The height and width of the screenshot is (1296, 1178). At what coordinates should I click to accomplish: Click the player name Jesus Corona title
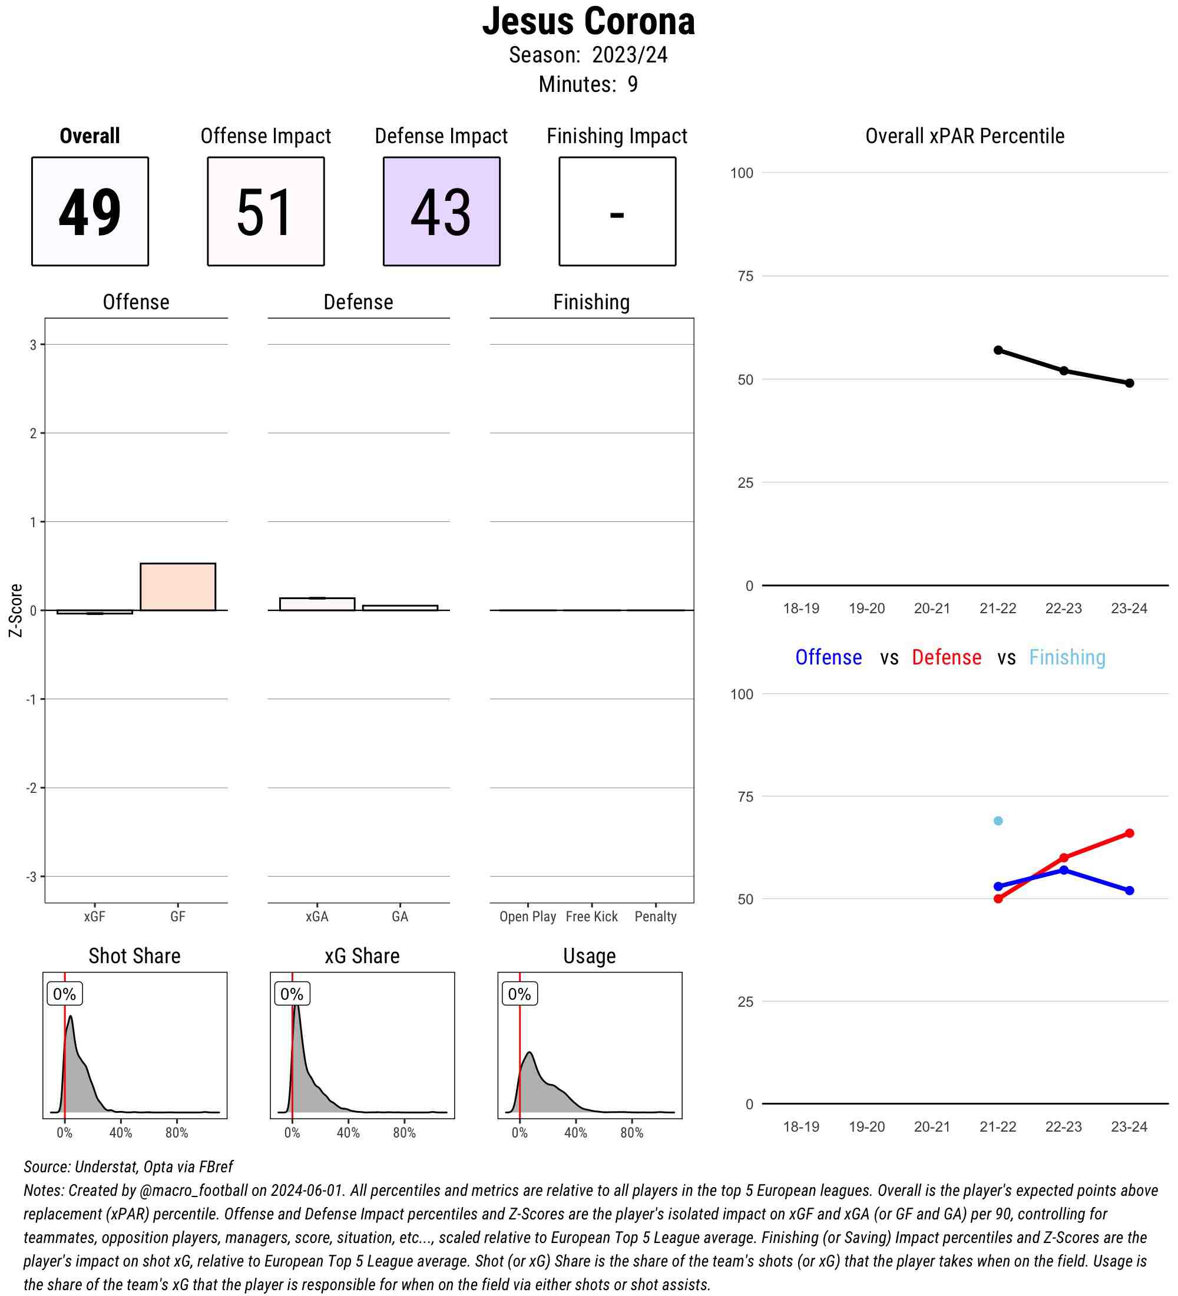(588, 21)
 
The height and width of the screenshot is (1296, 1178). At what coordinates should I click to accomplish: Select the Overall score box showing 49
(90, 211)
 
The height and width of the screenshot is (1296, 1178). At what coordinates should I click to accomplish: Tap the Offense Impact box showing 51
(266, 211)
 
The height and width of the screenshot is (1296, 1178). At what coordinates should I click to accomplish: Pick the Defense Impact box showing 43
(442, 211)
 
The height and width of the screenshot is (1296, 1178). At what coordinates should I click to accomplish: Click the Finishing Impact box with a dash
(617, 211)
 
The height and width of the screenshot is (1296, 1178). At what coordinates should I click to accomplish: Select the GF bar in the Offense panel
(177, 586)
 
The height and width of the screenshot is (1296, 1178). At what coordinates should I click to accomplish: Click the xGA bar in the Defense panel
(317, 604)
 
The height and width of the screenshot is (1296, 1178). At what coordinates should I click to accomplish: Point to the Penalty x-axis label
(655, 916)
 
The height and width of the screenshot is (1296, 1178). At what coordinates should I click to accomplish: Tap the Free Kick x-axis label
(591, 916)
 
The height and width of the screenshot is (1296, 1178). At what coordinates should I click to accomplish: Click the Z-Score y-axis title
(15, 610)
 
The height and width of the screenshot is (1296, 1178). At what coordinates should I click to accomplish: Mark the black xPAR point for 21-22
(998, 351)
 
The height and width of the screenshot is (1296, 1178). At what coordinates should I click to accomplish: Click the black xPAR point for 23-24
(1129, 383)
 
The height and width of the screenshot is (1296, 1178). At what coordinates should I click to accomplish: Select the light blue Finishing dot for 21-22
(998, 821)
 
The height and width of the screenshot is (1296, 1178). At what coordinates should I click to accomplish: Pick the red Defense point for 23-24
(1129, 833)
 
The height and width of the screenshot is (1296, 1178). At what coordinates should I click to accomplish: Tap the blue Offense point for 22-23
(1064, 869)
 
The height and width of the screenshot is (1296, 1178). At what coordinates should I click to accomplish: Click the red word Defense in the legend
(946, 657)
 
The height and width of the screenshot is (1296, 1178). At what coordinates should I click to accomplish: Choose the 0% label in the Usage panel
(519, 994)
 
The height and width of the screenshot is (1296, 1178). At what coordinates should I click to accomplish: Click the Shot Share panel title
(134, 956)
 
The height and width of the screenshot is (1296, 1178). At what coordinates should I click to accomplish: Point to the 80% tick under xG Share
(404, 1133)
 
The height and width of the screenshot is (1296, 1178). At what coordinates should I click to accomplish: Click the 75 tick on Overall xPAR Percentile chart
(745, 276)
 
